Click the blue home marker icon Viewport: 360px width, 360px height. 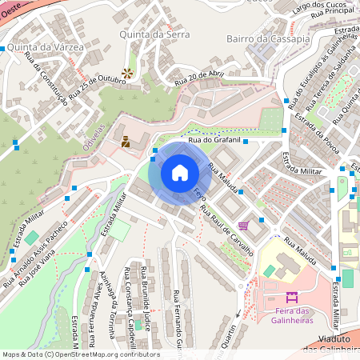point(180,172)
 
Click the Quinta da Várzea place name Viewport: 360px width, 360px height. point(45,48)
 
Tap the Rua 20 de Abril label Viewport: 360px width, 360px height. point(198,78)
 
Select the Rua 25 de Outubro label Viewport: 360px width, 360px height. point(98,86)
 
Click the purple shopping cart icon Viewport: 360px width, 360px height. point(243,225)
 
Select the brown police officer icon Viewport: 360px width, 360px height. point(125,142)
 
